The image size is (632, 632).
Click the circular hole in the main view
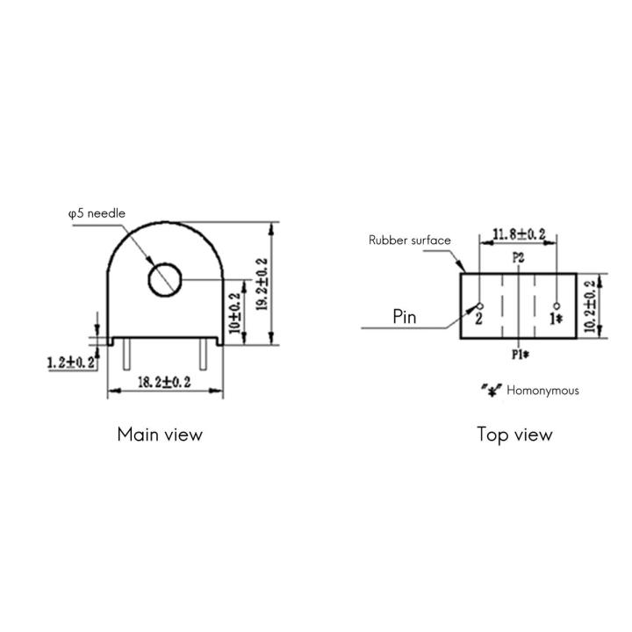pos(164,280)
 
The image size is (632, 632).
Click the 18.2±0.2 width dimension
pos(166,382)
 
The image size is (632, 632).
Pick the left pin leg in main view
pos(127,355)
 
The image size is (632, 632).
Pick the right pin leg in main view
pos(204,355)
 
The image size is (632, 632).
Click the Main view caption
pos(160,434)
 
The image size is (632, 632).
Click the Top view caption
pos(514,434)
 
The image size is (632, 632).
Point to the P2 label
pos(518,258)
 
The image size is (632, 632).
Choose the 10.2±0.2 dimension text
pos(589,305)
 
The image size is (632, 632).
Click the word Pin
pos(405,318)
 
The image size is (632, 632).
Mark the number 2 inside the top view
pos(478,319)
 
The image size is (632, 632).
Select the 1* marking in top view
pos(555,319)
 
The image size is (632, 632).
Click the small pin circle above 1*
pos(557,305)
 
